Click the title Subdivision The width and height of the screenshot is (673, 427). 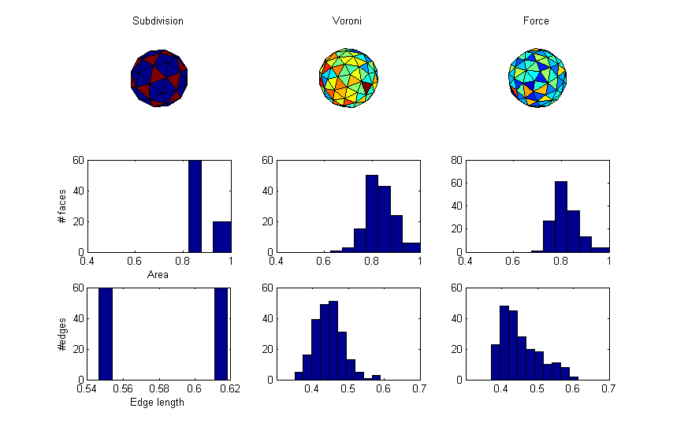[158, 20]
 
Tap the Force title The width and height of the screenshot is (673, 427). [537, 20]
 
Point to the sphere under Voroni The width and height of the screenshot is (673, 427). [348, 76]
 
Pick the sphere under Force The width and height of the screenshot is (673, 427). [537, 76]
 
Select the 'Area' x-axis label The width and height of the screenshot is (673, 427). [158, 274]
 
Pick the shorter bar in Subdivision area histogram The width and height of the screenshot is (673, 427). [222, 236]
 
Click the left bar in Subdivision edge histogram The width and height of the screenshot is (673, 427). [105, 333]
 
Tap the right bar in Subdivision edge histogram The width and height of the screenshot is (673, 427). [221, 333]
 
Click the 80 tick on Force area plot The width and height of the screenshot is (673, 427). [458, 160]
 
